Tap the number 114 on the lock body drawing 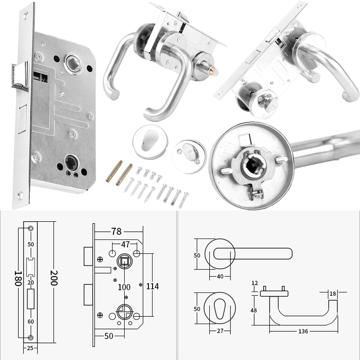[153, 286]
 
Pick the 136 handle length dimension [303, 331]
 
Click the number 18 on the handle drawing [333, 293]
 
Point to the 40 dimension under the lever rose [220, 276]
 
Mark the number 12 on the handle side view [255, 283]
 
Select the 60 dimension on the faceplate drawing [31, 322]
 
